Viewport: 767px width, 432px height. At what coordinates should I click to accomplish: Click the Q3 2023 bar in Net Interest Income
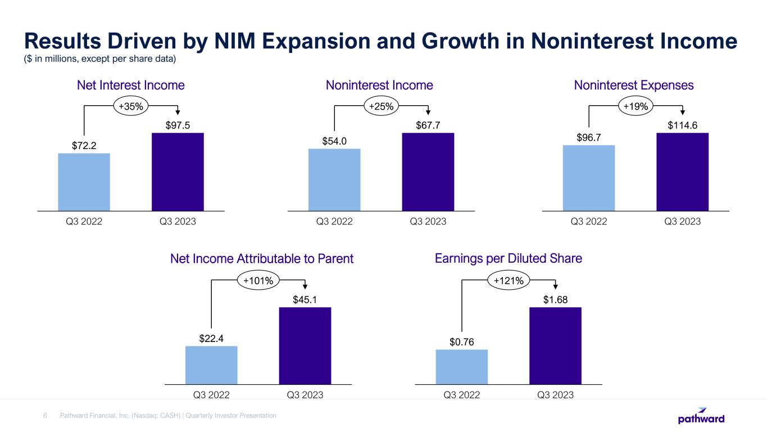tap(178, 172)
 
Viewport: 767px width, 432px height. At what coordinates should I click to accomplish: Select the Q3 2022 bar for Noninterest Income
tap(334, 179)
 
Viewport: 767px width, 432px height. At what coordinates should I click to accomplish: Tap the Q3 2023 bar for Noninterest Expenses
tap(682, 172)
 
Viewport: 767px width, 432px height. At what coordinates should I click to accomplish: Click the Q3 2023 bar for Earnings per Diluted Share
tap(555, 345)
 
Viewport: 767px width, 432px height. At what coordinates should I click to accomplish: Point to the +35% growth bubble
tap(131, 105)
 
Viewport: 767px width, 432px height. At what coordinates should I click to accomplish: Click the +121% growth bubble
tap(509, 280)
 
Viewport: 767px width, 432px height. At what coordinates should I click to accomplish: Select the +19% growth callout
tap(636, 105)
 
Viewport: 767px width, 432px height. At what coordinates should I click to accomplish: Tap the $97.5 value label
tap(178, 125)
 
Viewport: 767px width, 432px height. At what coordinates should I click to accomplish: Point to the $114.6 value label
tap(682, 125)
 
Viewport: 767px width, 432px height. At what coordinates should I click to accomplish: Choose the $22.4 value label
tap(211, 338)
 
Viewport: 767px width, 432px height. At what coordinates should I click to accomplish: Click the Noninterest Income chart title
tap(379, 85)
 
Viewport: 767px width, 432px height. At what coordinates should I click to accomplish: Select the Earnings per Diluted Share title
tap(509, 258)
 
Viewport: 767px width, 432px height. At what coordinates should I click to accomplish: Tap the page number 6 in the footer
tap(45, 416)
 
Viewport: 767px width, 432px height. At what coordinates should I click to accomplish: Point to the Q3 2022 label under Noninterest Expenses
tap(589, 222)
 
